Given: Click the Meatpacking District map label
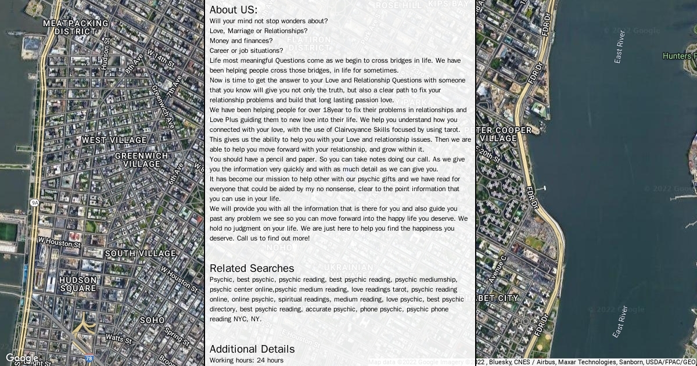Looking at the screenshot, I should (76, 27).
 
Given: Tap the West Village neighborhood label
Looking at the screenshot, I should (114, 140).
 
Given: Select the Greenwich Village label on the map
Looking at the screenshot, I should (141, 160).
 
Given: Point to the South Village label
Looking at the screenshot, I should (140, 253).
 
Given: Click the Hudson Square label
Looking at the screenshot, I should (78, 284).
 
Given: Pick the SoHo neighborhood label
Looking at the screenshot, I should (152, 320).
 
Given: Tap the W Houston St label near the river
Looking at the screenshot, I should (59, 242).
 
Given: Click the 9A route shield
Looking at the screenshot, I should (34, 202).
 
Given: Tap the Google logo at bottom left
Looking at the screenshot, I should (21, 358).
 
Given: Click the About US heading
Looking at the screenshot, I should (233, 10).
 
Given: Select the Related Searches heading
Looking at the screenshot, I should (252, 268).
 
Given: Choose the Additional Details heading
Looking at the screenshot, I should (252, 349).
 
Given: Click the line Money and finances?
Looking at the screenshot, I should (240, 41).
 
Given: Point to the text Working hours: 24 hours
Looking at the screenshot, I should (246, 360).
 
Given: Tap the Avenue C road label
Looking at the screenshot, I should (498, 269).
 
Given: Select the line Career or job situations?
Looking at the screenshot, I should (246, 51).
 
